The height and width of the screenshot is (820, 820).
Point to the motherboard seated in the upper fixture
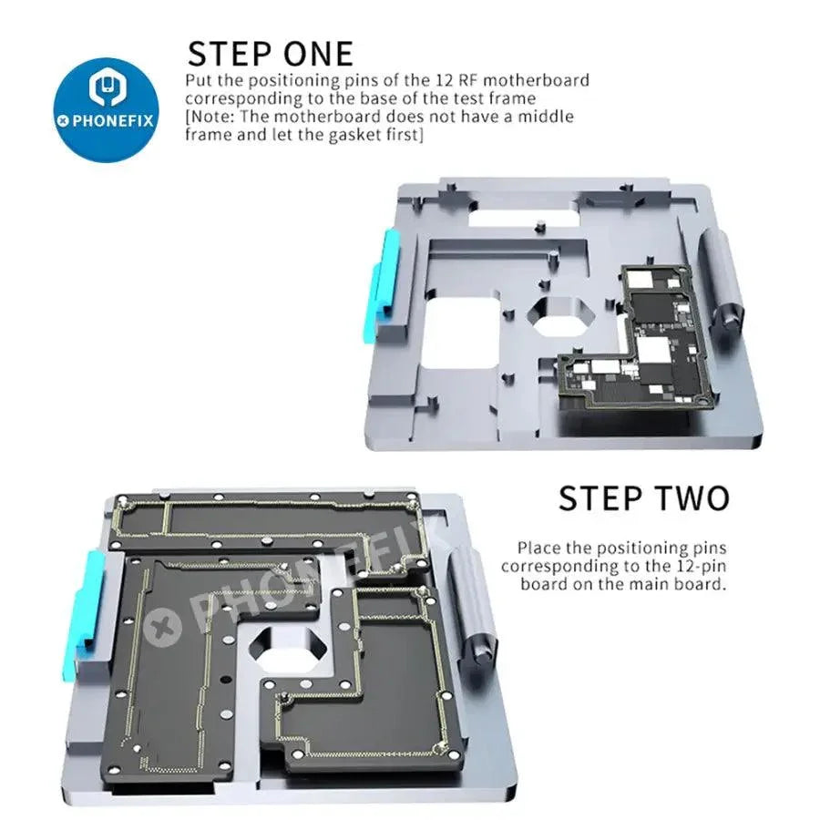(629, 337)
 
